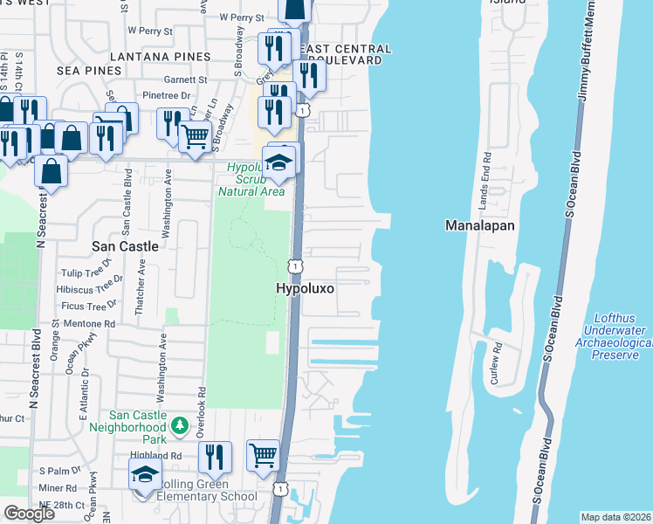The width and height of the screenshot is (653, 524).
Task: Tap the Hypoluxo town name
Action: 306,287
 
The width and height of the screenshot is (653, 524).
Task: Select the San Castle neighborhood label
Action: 126,246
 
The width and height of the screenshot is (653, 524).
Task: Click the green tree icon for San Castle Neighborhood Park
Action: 179,426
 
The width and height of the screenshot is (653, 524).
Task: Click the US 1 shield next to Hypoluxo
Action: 297,265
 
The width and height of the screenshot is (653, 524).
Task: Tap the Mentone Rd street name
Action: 97,323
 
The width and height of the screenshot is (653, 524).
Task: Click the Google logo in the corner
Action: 29,514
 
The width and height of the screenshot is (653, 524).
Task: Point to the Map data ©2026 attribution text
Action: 616,517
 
